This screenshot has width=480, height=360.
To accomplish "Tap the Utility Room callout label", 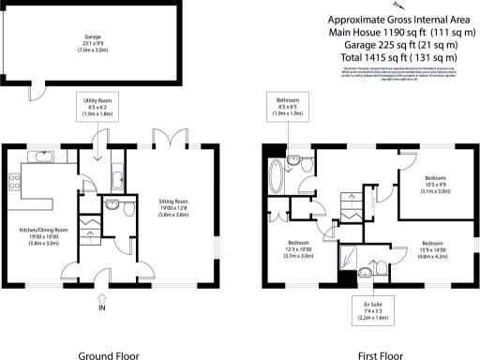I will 95,109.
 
